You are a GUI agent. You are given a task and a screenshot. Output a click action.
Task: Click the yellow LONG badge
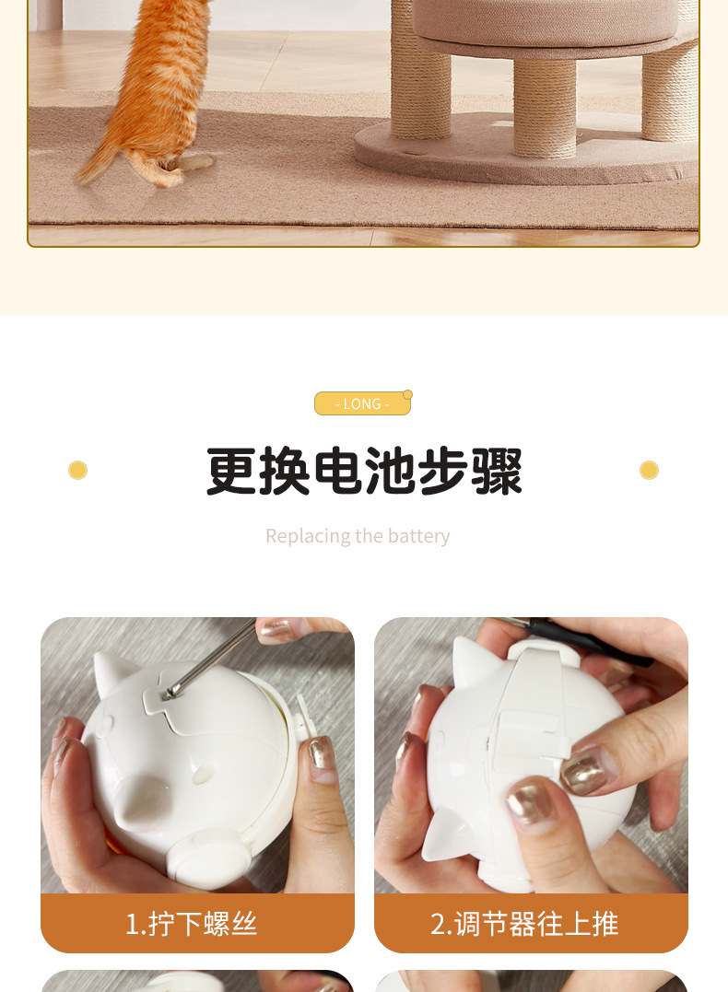[x=362, y=403]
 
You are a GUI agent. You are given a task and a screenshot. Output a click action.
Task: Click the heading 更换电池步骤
[x=364, y=472]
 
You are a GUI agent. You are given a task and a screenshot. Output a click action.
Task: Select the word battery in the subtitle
[x=418, y=536]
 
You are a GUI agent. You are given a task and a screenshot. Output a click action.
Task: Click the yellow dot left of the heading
[x=77, y=471]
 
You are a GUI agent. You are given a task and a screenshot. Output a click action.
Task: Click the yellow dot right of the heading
[x=649, y=471]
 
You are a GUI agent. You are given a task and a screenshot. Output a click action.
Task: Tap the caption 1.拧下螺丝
[x=191, y=923]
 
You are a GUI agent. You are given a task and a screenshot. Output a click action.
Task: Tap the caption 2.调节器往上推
[x=524, y=923]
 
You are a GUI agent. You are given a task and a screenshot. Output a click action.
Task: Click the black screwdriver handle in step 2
[x=590, y=636]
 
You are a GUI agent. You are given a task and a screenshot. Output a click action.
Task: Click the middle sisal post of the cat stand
[x=545, y=106]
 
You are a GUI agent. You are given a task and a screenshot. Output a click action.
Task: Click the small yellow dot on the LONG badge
[x=408, y=394]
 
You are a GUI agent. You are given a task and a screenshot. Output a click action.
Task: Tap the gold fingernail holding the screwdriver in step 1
[x=276, y=629]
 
